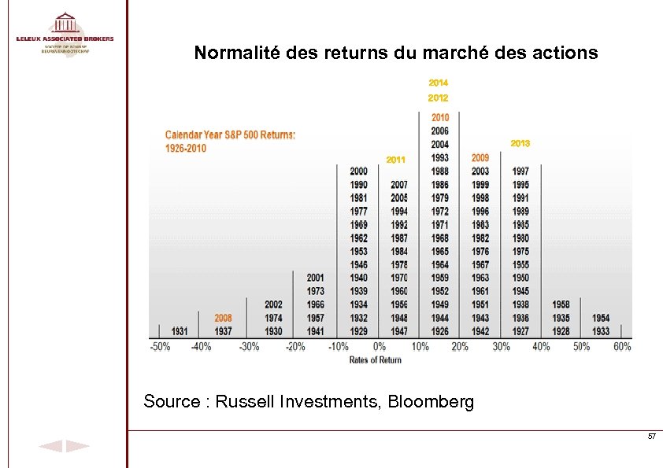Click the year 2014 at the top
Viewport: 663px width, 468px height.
pos(439,83)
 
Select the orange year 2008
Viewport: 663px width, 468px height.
pos(224,319)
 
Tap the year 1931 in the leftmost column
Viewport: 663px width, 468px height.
pos(180,331)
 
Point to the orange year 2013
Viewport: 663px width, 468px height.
pos(520,143)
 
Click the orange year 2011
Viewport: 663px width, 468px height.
pos(396,160)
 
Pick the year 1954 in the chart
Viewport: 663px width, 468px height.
pos(601,319)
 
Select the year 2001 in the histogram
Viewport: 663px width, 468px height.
pos(315,278)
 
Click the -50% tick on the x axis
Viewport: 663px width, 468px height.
pos(161,346)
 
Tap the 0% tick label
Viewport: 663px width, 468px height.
pos(379,346)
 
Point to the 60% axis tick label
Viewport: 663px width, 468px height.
pos(621,346)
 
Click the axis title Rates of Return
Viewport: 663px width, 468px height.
pos(375,359)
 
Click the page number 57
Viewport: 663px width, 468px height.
pos(651,436)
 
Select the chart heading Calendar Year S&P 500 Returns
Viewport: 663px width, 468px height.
pos(230,135)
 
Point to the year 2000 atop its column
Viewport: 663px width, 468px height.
pos(358,171)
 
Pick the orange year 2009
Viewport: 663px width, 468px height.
pos(480,158)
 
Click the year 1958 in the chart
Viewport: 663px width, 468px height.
pos(561,304)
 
